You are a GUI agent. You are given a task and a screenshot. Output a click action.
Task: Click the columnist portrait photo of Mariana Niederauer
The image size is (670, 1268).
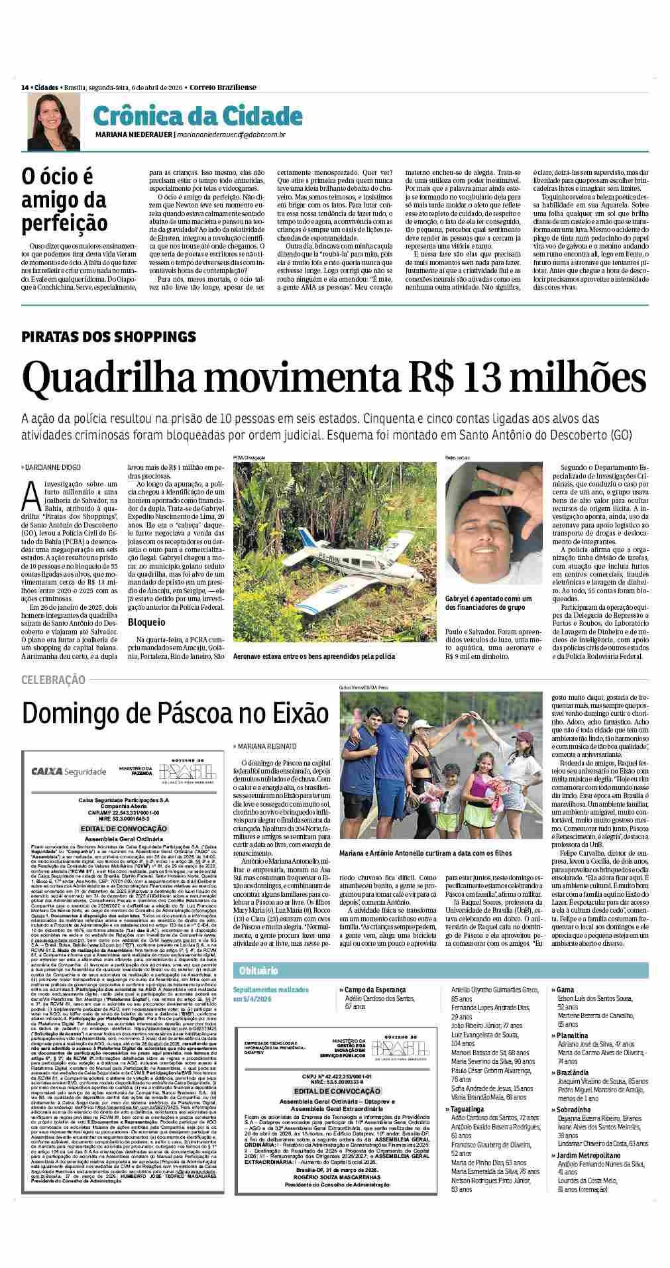pyautogui.click(x=44, y=121)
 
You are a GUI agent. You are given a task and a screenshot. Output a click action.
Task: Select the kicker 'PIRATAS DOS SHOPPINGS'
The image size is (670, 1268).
pyautogui.click(x=109, y=335)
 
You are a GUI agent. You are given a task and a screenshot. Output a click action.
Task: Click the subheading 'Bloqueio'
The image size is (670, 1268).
pyautogui.click(x=146, y=622)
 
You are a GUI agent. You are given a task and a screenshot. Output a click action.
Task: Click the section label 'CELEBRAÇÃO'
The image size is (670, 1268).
pyautogui.click(x=53, y=679)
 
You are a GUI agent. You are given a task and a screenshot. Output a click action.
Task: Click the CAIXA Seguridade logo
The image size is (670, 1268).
pyautogui.click(x=69, y=771)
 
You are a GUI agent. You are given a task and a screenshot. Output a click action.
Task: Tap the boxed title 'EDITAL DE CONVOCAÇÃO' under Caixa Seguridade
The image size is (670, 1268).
pyautogui.click(x=123, y=829)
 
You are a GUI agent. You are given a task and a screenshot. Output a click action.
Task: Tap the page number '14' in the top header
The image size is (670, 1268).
pyautogui.click(x=25, y=87)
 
